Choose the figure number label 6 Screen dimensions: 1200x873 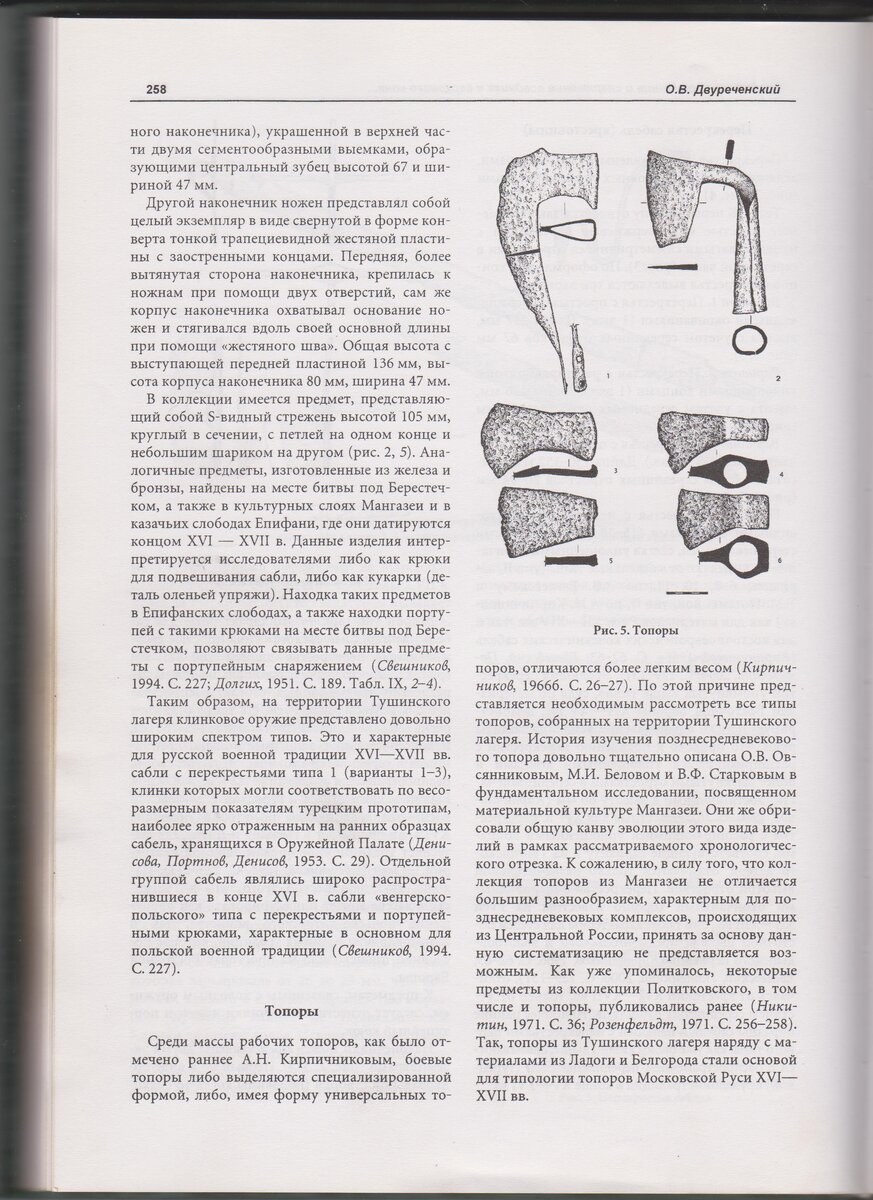click(x=779, y=563)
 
